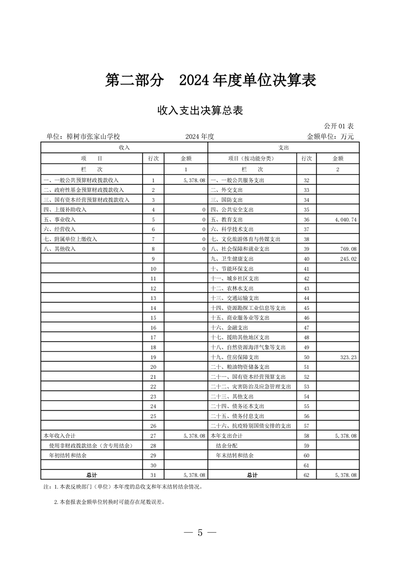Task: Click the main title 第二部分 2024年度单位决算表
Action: pyautogui.click(x=210, y=80)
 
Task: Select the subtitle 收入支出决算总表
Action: pyautogui.click(x=200, y=110)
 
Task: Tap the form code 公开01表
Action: pyautogui.click(x=339, y=126)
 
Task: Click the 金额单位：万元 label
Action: pyautogui.click(x=330, y=136)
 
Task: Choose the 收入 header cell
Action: pyautogui.click(x=124, y=147)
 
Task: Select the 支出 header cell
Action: pyautogui.click(x=283, y=147)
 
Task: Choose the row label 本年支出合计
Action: pyautogui.click(x=226, y=435)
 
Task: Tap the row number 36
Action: pyautogui.click(x=306, y=220)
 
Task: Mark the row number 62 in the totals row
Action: pyautogui.click(x=306, y=475)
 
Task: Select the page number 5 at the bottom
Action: pyautogui.click(x=200, y=533)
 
